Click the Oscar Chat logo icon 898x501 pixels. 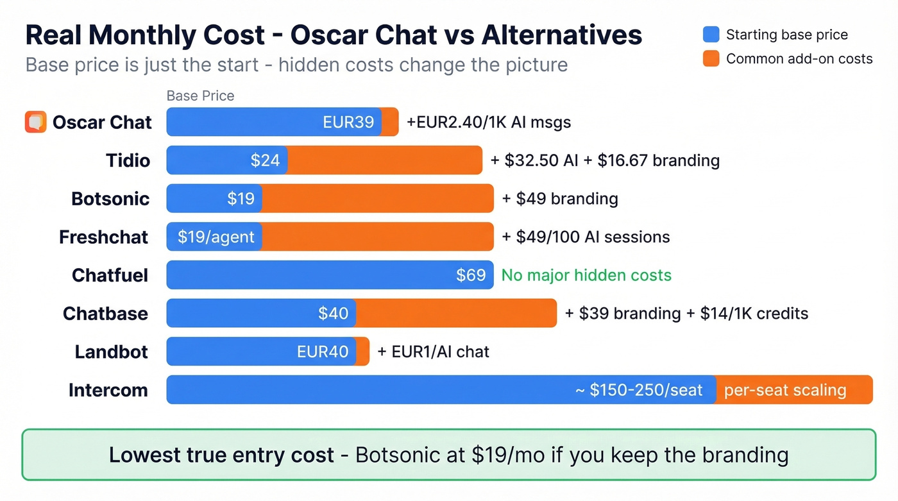(36, 122)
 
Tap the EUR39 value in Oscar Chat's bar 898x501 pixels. (348, 122)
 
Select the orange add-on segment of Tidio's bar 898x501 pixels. (384, 160)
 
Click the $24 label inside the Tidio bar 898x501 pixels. (265, 160)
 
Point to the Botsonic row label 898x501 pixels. (110, 199)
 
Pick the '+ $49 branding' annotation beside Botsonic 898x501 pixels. (559, 199)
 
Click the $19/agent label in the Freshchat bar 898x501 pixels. (216, 237)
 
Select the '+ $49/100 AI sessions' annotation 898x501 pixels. (585, 237)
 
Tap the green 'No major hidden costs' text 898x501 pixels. (586, 275)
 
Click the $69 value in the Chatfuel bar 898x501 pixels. (471, 275)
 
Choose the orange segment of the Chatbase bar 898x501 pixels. (456, 313)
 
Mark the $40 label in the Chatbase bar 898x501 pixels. (333, 314)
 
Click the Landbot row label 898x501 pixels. (111, 352)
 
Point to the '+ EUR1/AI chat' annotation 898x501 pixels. (433, 352)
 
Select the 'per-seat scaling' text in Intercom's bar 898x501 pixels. (784, 390)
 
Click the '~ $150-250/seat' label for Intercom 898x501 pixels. (639, 390)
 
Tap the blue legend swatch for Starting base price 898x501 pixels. (711, 35)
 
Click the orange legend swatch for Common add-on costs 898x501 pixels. (711, 59)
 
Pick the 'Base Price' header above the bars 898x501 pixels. (200, 96)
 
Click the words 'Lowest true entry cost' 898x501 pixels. (221, 455)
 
